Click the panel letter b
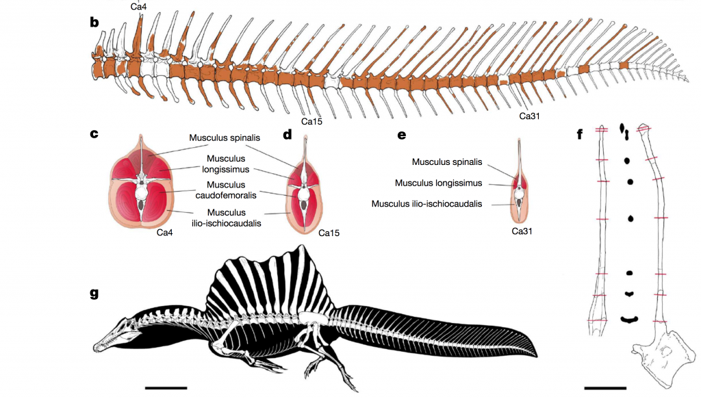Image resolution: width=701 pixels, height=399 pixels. pos(94,23)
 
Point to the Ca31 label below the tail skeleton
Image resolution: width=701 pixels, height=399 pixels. pos(530,116)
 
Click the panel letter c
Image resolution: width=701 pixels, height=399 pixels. pos(94,134)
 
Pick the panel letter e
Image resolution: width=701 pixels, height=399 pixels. pos(402,134)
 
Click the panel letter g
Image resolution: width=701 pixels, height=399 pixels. pos(94,294)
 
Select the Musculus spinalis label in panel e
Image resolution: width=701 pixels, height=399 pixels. pos(448,162)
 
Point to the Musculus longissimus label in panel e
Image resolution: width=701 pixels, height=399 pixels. pos(438,183)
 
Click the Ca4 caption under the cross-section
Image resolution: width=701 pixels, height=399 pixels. pos(164,233)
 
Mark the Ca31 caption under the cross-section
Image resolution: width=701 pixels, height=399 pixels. pos(522,231)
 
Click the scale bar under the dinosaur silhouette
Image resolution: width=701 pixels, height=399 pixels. pos(166,387)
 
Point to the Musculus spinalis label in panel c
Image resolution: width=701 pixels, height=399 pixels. pos(225,138)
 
